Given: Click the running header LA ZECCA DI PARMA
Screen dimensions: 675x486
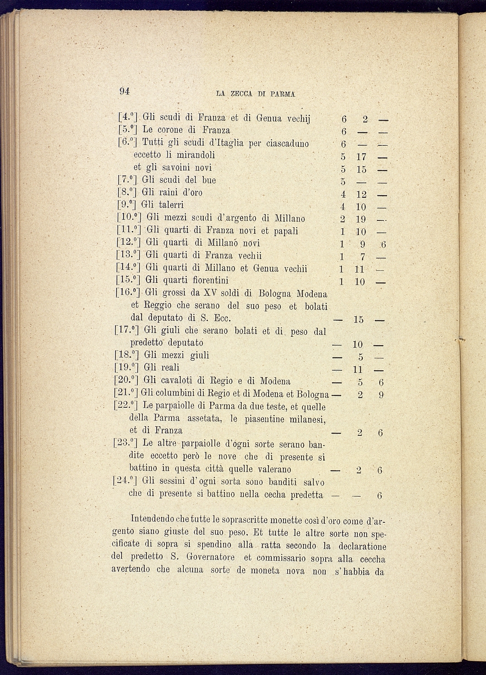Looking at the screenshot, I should coord(255,93).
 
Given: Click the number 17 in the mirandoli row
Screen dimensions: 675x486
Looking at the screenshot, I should coord(360,158).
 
